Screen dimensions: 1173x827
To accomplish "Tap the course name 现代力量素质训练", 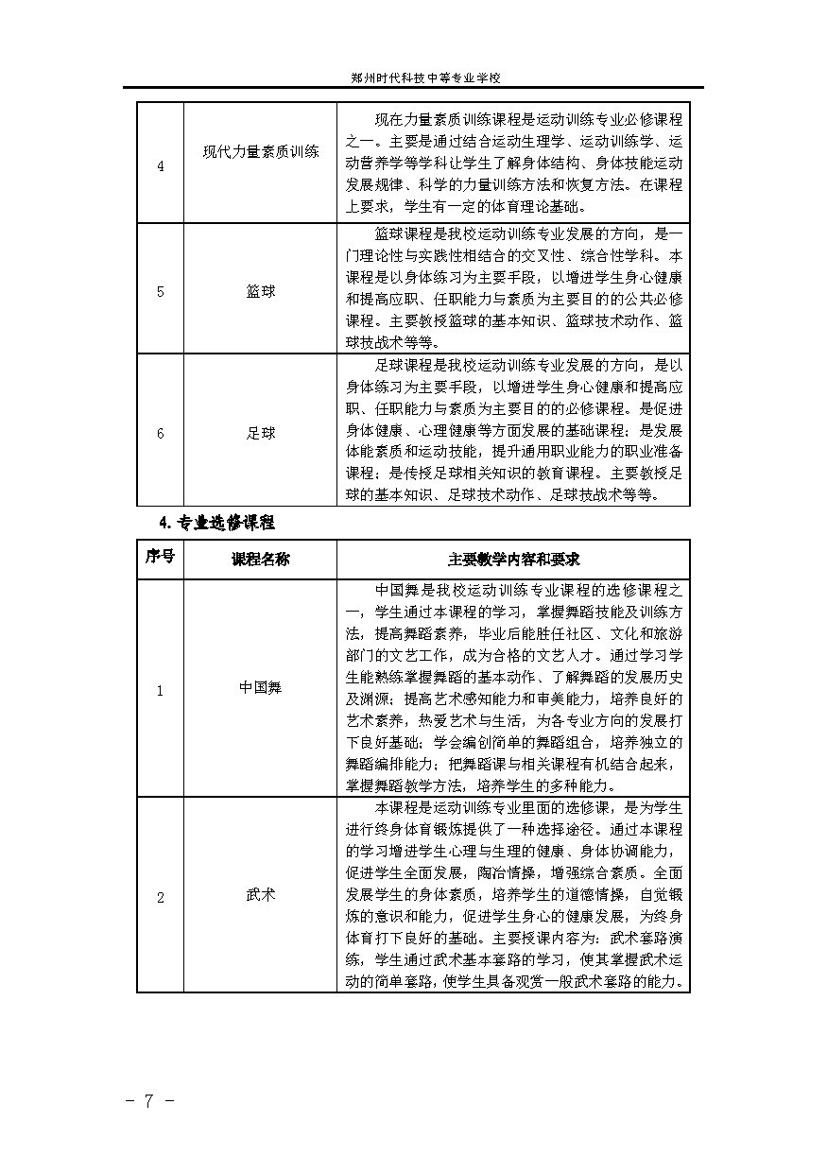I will click(261, 152).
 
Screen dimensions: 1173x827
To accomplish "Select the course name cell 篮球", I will click(261, 292).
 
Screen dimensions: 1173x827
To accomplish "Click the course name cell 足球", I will click(261, 433).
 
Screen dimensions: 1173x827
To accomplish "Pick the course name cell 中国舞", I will click(261, 688).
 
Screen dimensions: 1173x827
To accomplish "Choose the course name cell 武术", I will click(261, 893).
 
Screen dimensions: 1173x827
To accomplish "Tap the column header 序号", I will click(160, 558).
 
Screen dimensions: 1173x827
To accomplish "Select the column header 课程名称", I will click(261, 559).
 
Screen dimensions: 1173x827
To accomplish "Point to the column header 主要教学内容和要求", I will click(513, 559).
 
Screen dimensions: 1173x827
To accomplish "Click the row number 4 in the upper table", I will click(160, 166).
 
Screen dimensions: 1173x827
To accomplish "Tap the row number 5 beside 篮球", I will click(160, 292).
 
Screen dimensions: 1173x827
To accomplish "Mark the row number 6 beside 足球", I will click(160, 433).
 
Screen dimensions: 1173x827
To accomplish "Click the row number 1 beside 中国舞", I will click(160, 690).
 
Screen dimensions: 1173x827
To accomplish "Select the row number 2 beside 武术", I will click(160, 897).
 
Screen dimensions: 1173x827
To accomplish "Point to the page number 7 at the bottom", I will click(149, 1101).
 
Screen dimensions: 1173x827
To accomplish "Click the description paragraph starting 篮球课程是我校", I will click(513, 288).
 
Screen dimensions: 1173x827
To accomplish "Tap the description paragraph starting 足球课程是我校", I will click(513, 430).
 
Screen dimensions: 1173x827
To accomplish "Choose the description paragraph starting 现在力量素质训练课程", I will click(513, 163).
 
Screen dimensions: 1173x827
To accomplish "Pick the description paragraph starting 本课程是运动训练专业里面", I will click(513, 895).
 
